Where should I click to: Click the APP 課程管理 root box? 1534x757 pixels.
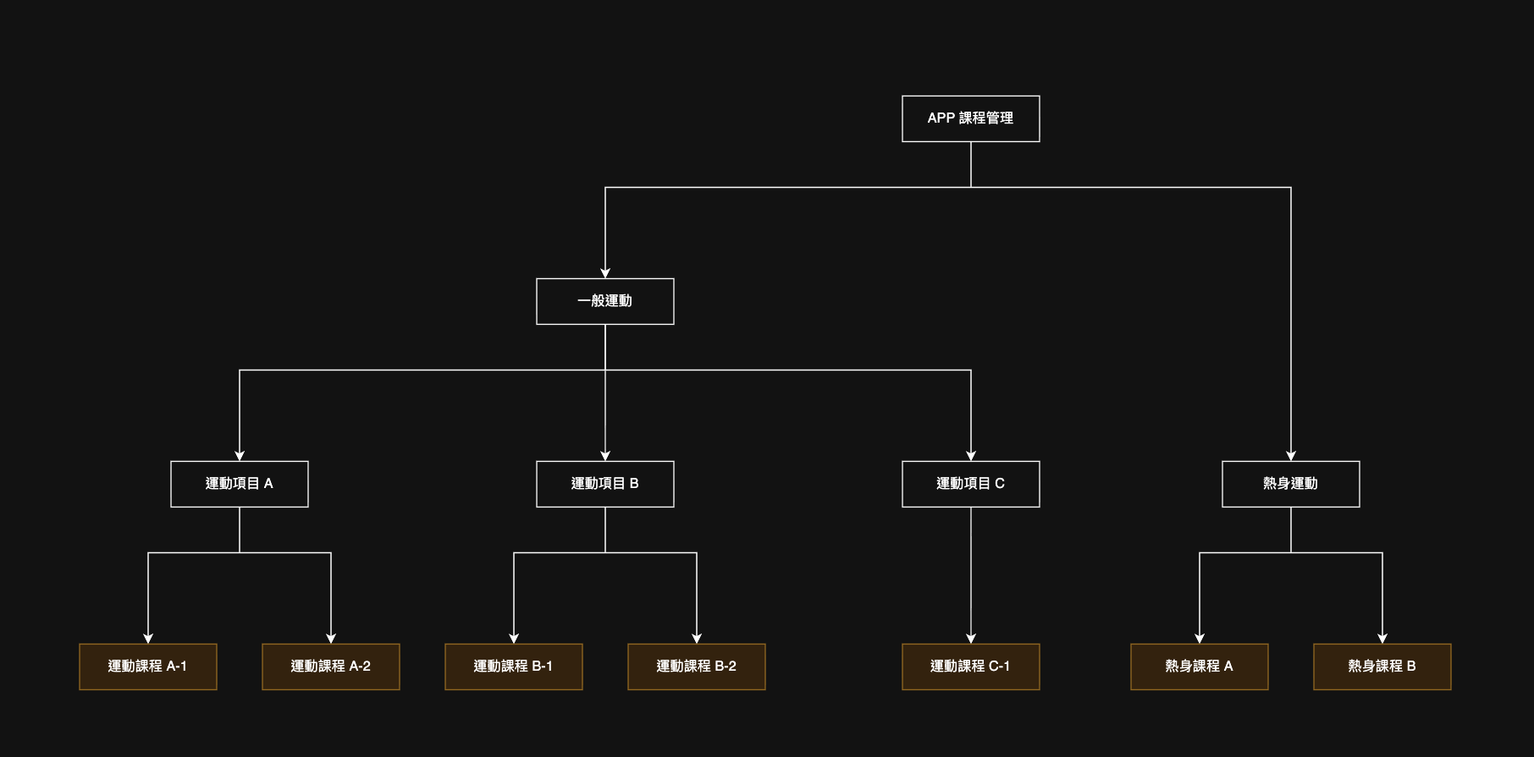pos(970,118)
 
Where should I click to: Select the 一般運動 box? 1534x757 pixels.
pos(604,301)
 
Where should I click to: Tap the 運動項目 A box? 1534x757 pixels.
pos(239,484)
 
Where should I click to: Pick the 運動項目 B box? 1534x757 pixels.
pos(604,484)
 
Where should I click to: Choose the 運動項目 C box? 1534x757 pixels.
pos(970,484)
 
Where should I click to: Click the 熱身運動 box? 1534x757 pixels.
pos(1290,484)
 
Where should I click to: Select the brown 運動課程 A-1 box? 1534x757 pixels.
pos(147,666)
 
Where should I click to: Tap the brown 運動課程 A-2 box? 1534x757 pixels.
pos(330,666)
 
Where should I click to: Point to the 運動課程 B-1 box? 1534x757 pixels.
pos(513,666)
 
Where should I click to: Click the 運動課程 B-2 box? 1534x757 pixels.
pos(696,666)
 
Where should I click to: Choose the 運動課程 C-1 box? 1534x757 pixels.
pos(970,666)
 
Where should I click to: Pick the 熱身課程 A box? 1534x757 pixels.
pos(1199,666)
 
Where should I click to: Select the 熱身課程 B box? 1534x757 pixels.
pos(1382,666)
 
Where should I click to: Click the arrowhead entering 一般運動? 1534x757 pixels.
pos(605,273)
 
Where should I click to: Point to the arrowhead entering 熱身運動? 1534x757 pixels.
pos(1291,456)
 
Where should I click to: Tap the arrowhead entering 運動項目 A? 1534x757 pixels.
pos(240,456)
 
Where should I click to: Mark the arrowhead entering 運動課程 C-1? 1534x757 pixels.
pos(971,639)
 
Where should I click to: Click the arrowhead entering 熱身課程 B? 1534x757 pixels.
pos(1382,639)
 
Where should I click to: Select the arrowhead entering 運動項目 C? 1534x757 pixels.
pos(971,456)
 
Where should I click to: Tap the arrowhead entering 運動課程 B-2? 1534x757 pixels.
pos(697,639)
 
